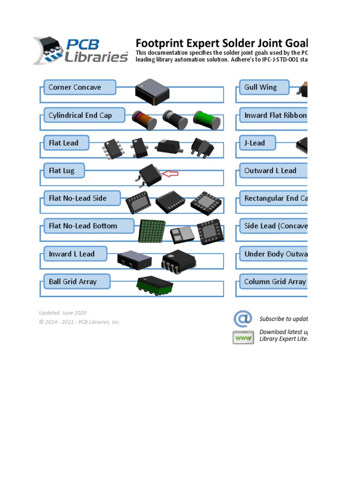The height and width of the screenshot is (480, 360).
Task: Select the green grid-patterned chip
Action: (x=152, y=231)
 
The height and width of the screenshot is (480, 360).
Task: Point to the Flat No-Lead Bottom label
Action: (x=82, y=226)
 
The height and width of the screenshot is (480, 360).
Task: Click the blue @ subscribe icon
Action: (x=243, y=319)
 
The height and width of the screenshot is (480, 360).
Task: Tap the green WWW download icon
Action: (x=243, y=337)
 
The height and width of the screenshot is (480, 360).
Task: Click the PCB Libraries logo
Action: (x=81, y=51)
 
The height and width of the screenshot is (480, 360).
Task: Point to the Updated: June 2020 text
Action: (x=63, y=313)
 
